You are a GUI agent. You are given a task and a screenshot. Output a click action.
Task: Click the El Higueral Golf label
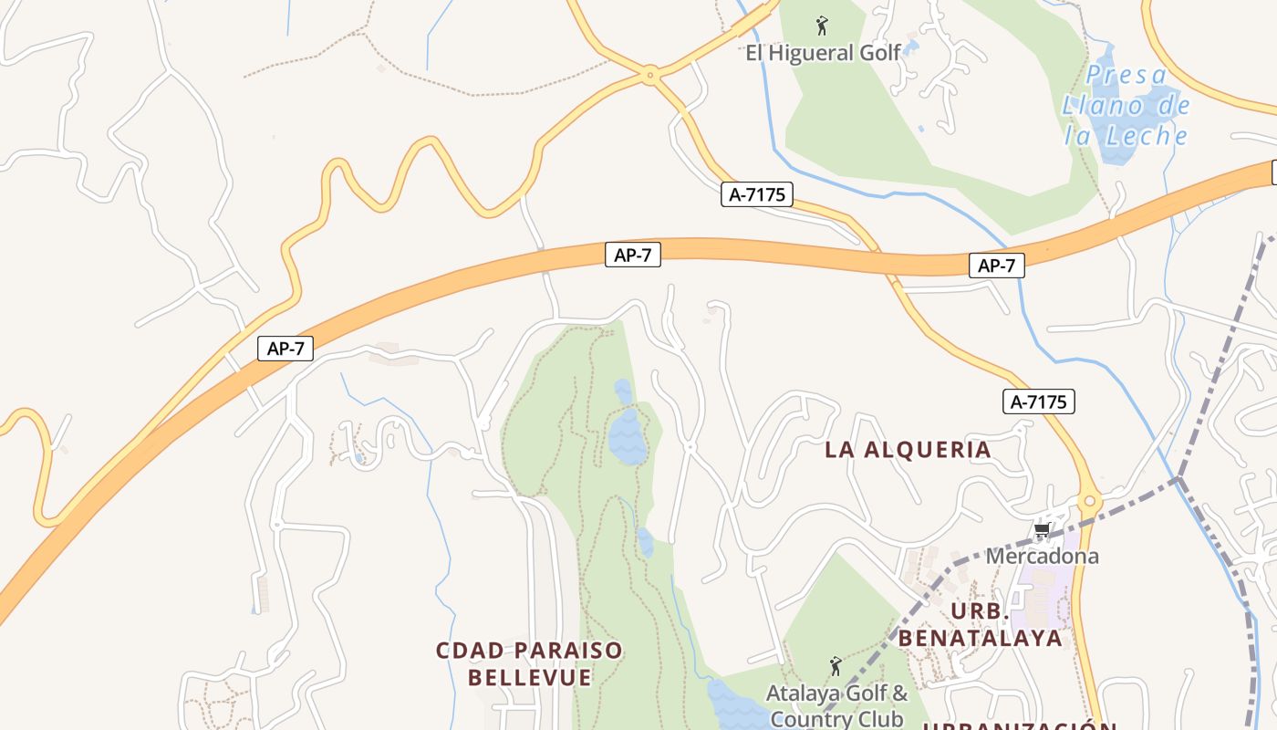click(x=823, y=53)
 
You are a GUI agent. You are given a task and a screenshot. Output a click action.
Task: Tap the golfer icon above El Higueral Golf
click(x=822, y=26)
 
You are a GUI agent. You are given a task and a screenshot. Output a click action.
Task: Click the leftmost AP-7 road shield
click(x=286, y=348)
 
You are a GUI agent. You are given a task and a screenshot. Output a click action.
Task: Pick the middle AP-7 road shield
click(x=632, y=255)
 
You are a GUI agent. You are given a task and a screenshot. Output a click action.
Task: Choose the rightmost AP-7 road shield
click(x=996, y=266)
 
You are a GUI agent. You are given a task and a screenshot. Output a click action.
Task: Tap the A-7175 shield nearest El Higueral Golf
click(x=756, y=193)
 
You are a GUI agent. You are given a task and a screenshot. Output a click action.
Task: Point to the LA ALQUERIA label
click(x=908, y=450)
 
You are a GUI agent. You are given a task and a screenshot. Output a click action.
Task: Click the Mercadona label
click(x=1042, y=556)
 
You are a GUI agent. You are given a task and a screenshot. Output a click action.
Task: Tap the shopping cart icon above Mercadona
click(x=1042, y=530)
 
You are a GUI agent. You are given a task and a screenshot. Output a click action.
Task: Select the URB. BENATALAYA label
click(x=981, y=624)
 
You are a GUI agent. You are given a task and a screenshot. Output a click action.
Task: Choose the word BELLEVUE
click(x=529, y=678)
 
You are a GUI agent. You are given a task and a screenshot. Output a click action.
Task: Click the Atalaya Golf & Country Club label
click(x=836, y=706)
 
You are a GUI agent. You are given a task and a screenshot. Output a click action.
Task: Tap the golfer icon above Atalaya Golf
click(x=835, y=666)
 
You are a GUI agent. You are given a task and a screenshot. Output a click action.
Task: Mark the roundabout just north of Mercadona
click(x=1087, y=502)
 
